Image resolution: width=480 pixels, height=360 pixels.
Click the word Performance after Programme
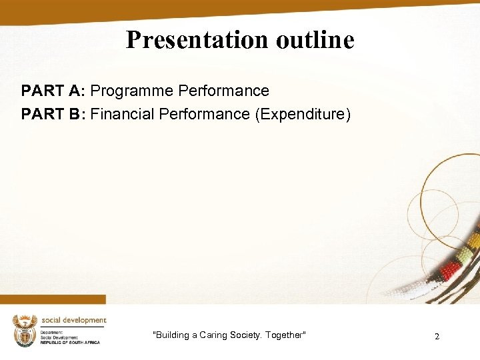click(223, 91)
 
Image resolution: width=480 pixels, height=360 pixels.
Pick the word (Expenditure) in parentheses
click(302, 114)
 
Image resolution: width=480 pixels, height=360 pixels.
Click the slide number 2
click(437, 337)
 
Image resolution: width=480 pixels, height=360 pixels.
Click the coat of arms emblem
click(25, 330)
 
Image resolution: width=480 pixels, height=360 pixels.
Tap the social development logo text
click(73, 320)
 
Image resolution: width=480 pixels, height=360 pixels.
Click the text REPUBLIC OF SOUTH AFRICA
click(70, 342)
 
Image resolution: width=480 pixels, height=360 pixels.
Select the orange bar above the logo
click(53, 299)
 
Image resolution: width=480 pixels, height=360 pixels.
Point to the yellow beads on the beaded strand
click(474, 240)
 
